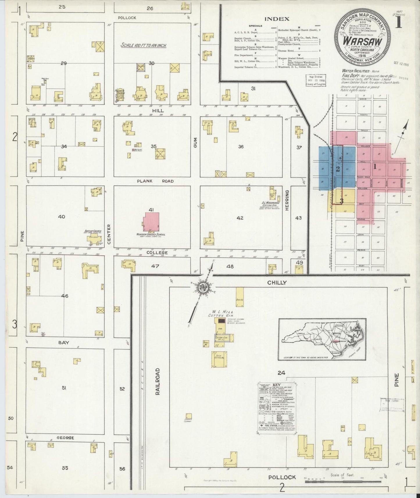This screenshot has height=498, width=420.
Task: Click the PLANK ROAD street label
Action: click(x=155, y=181)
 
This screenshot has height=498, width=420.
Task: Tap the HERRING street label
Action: click(x=287, y=200)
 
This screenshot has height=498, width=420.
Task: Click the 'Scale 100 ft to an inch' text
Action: click(x=144, y=46)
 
